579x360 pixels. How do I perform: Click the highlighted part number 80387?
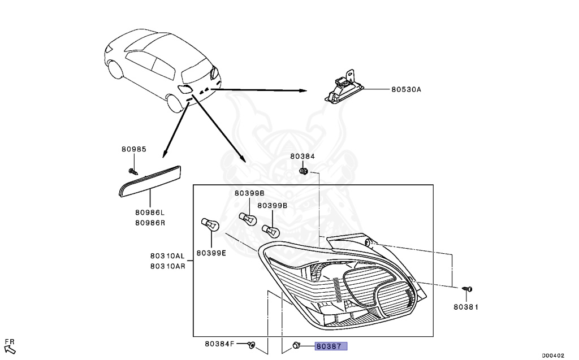[331, 345]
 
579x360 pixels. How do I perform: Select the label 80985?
[133, 150]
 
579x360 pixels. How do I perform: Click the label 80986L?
[150, 212]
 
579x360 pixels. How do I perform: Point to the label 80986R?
[150, 222]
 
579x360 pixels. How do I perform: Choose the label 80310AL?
[168, 255]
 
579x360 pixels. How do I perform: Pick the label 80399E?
[211, 253]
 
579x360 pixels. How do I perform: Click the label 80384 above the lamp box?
[303, 156]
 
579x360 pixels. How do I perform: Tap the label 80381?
[466, 307]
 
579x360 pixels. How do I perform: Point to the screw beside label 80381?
[467, 289]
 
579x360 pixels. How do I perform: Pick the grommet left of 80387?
[295, 345]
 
